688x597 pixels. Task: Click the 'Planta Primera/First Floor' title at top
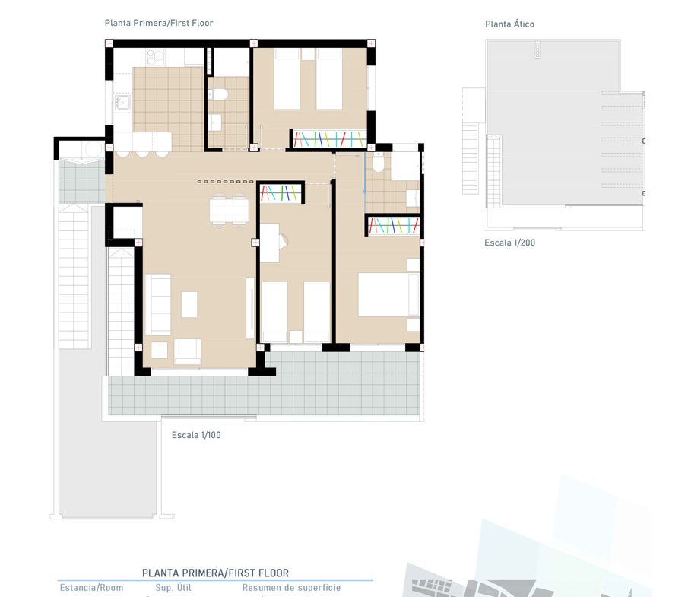pyautogui.click(x=159, y=23)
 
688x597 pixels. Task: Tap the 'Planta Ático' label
pyautogui.click(x=509, y=24)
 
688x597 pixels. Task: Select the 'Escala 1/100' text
pyautogui.click(x=196, y=435)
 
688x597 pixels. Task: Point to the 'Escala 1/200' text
pyautogui.click(x=509, y=243)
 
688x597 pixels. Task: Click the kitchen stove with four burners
pyautogui.click(x=156, y=57)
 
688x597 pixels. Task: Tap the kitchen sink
pyautogui.click(x=122, y=103)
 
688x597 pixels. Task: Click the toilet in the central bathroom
pyautogui.click(x=218, y=94)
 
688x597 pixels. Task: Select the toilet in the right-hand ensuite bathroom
pyautogui.click(x=379, y=163)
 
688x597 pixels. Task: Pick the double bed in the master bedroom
pyautogui.click(x=388, y=294)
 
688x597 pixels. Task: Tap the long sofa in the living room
pyautogui.click(x=158, y=305)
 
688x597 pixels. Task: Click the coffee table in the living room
pyautogui.click(x=189, y=304)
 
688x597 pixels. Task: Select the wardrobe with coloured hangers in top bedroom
pyautogui.click(x=329, y=138)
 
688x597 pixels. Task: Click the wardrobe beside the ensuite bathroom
pyautogui.click(x=394, y=226)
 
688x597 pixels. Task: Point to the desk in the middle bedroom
pyautogui.click(x=269, y=243)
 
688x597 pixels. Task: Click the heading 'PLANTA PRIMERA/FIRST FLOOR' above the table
pyautogui.click(x=215, y=573)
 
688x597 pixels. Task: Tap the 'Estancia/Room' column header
pyautogui.click(x=91, y=588)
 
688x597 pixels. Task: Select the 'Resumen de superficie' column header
pyautogui.click(x=291, y=588)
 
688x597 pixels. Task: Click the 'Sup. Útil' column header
pyautogui.click(x=173, y=588)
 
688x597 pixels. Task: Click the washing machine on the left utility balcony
pyautogui.click(x=94, y=150)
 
